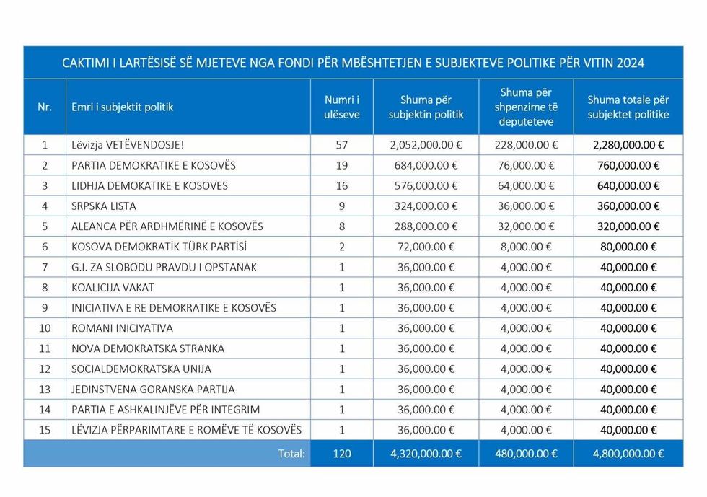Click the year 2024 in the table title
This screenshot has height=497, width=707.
click(x=630, y=63)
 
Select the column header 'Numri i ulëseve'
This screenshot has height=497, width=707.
click(x=341, y=107)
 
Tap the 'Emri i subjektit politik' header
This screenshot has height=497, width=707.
click(x=122, y=107)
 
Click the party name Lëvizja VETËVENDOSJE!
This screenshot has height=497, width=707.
click(x=128, y=145)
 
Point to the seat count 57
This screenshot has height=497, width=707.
click(x=341, y=145)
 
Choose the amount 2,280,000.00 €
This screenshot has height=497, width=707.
click(x=628, y=145)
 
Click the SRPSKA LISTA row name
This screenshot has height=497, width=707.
click(x=104, y=206)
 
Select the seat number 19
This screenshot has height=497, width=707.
click(x=341, y=165)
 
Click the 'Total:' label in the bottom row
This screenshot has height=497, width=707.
click(x=291, y=454)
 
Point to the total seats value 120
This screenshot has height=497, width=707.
click(x=341, y=454)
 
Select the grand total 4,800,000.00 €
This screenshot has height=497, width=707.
click(x=628, y=454)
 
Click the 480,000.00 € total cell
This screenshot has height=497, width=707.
click(x=524, y=454)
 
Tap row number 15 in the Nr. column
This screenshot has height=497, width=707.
click(x=45, y=430)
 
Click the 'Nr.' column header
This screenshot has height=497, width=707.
click(x=45, y=107)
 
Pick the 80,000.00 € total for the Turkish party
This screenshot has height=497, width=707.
click(x=628, y=246)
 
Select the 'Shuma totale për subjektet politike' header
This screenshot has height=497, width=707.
click(x=628, y=107)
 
